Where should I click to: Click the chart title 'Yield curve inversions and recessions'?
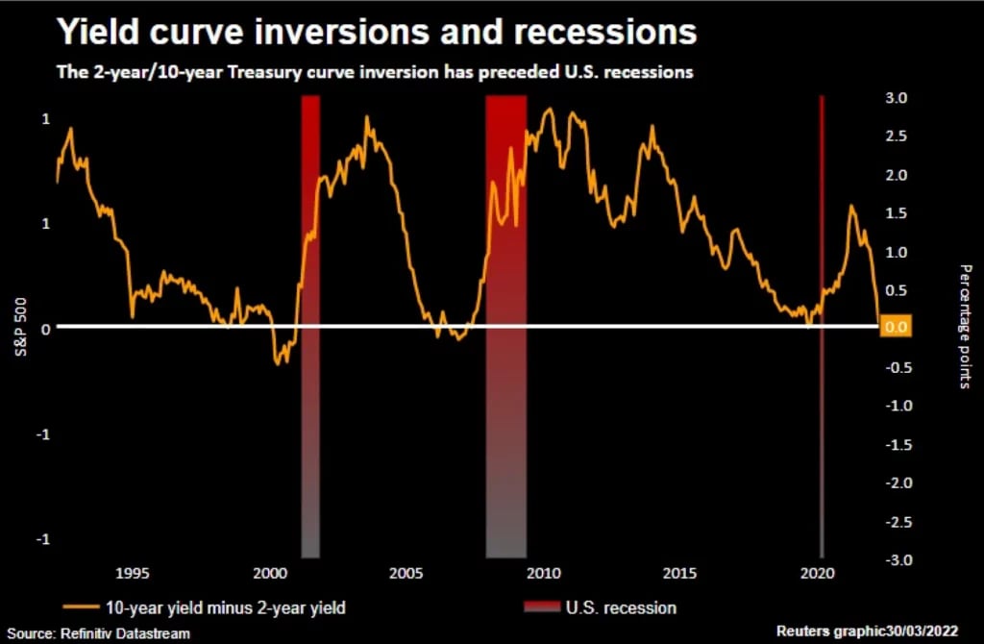click(376, 32)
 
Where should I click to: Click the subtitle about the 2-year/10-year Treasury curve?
click(374, 72)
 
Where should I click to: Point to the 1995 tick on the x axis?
click(133, 574)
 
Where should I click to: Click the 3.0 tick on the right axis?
click(896, 98)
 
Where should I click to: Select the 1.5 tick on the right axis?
click(896, 213)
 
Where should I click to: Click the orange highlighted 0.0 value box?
click(895, 328)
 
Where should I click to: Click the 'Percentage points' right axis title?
click(965, 327)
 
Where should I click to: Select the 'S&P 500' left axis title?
click(20, 327)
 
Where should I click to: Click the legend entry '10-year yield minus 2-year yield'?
click(206, 607)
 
